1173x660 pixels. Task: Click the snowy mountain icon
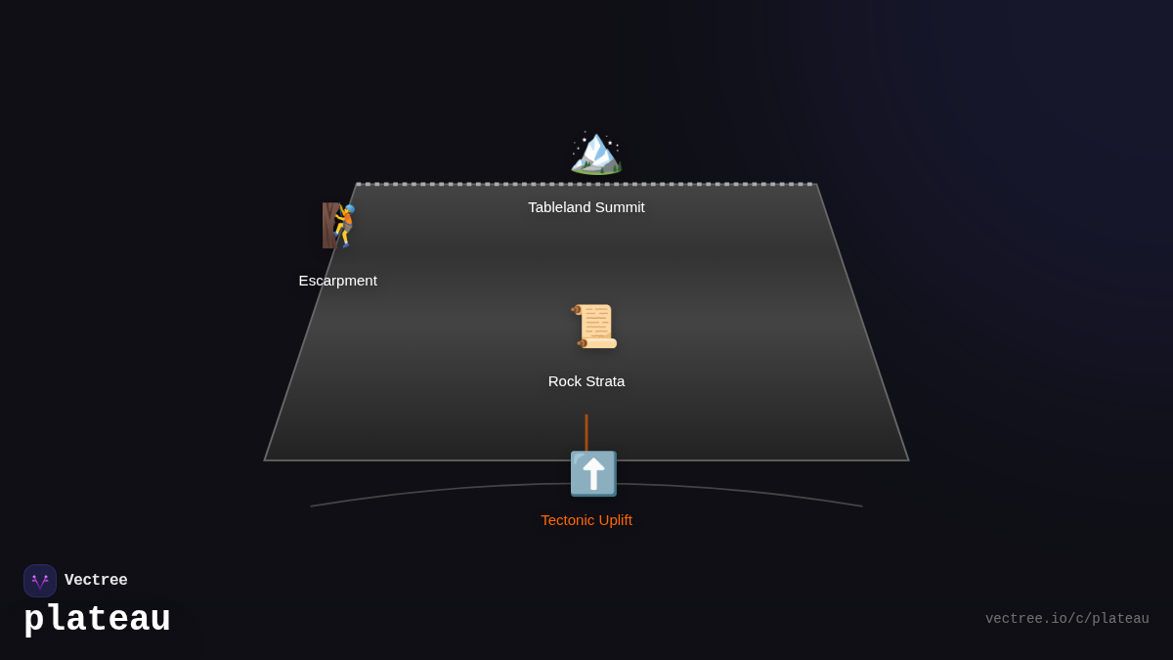click(x=595, y=153)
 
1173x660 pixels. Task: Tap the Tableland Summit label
click(x=586, y=207)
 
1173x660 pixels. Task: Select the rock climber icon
click(x=339, y=226)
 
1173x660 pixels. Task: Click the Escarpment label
click(x=337, y=281)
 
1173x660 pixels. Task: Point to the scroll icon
click(x=594, y=327)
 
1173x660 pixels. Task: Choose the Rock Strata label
click(x=586, y=381)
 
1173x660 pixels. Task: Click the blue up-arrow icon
click(x=593, y=474)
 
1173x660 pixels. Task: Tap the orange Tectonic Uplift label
click(x=586, y=520)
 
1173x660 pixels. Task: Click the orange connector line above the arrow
click(x=586, y=431)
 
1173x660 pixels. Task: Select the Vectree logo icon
click(x=40, y=581)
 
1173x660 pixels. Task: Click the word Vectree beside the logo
click(x=96, y=581)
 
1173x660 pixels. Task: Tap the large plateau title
click(x=97, y=620)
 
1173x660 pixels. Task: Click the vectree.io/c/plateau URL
click(x=1066, y=619)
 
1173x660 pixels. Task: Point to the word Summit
click(x=619, y=207)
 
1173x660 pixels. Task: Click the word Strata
click(x=604, y=381)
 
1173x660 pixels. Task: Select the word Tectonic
click(x=567, y=520)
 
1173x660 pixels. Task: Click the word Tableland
click(x=558, y=207)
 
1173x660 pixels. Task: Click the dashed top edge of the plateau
click(x=684, y=184)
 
